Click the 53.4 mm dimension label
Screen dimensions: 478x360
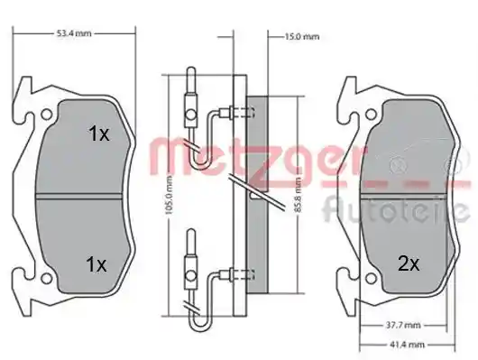click(74, 33)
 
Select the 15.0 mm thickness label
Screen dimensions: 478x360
click(302, 37)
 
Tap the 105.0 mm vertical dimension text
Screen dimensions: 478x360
click(170, 195)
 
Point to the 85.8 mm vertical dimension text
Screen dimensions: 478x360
click(299, 195)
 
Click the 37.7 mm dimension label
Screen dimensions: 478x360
click(403, 325)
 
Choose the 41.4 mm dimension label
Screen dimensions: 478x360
click(407, 345)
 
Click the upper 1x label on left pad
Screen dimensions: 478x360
click(98, 134)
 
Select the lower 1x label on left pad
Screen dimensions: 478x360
click(97, 264)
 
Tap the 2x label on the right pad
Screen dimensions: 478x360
click(409, 263)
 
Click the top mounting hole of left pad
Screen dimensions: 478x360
click(46, 115)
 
